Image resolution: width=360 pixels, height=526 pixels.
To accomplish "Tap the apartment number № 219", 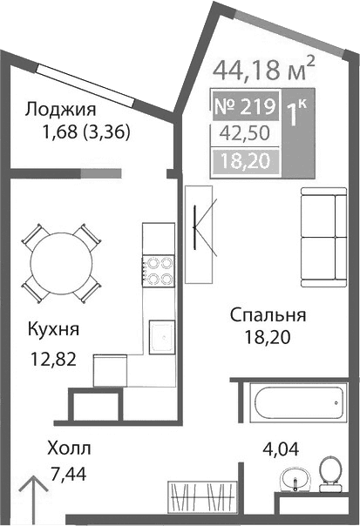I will [244, 109].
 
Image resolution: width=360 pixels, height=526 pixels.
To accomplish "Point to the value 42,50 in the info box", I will [244, 134].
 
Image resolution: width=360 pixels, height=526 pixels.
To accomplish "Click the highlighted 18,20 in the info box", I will [244, 159].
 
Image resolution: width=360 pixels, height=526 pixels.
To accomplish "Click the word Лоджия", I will [60, 110].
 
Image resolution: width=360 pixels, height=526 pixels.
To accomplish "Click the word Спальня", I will [268, 314].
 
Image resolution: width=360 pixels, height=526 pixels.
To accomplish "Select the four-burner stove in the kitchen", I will [158, 270].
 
